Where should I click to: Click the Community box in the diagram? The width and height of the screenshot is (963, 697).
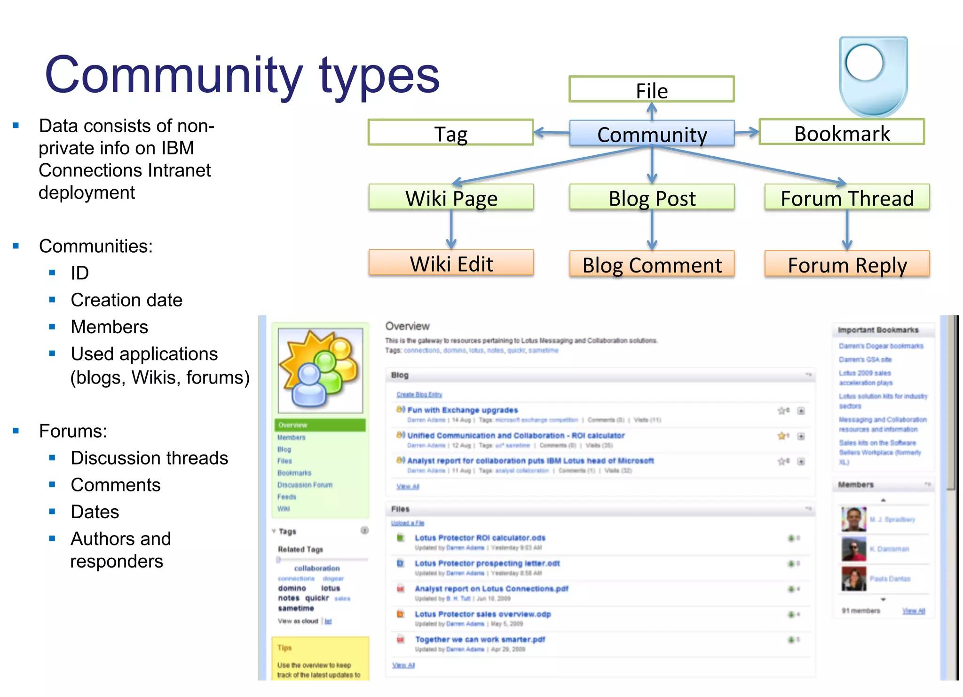coord(652,134)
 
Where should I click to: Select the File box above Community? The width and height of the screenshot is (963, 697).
coord(651,89)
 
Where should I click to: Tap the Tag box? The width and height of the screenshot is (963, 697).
coord(450,133)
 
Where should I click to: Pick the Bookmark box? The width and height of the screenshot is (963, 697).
coord(842,133)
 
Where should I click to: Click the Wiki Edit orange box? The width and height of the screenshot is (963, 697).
coord(451,263)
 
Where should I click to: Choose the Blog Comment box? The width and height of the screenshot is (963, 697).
coord(652,264)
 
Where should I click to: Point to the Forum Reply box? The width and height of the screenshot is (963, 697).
coord(847,264)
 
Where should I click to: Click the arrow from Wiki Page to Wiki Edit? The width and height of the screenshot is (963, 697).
coord(451,230)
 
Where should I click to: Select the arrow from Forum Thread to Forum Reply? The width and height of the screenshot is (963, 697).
coord(847,230)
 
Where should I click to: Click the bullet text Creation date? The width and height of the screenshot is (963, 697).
coord(126,300)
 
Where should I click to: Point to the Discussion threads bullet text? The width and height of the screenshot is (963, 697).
coord(149,458)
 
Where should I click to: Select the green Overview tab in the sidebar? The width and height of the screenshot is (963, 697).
coord(320,425)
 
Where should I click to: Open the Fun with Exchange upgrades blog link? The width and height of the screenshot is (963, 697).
coord(462,410)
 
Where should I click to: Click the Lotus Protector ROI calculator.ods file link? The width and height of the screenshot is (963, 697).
coord(480,537)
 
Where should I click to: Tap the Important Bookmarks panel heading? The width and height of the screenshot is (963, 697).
coord(878,330)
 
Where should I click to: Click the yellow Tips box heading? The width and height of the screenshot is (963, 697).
coord(284,648)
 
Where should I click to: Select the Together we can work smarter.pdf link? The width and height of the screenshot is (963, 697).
coord(480,639)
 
